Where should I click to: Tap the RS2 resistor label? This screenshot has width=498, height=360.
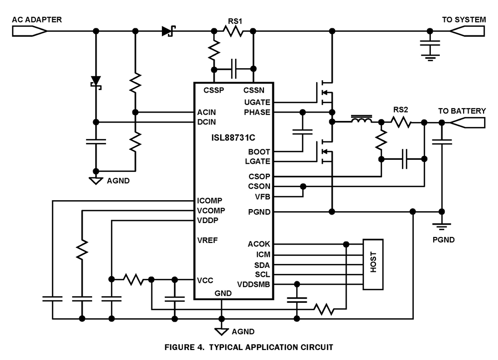coord(401,110)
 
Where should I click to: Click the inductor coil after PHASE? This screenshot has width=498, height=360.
coord(362,120)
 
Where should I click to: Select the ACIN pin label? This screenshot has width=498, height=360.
coord(207,113)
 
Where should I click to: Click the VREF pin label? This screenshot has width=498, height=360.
coord(207,240)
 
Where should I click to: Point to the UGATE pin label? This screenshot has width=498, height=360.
coord(257,102)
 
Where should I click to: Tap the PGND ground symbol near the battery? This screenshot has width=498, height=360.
coord(441,227)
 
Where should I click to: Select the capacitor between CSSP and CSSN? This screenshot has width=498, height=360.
coord(234,69)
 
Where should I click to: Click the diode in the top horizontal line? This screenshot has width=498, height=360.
coord(167,31)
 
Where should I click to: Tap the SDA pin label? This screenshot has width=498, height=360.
coord(262,264)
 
